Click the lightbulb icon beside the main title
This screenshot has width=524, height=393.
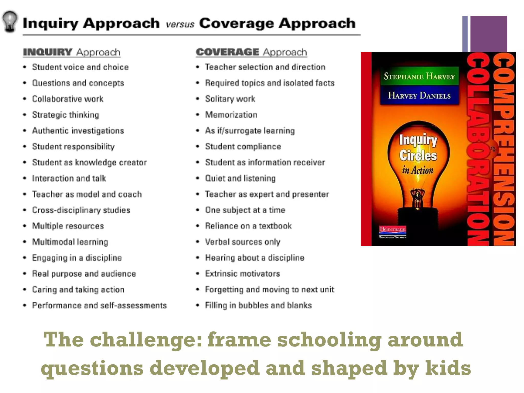[10, 21]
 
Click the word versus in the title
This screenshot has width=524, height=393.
[180, 25]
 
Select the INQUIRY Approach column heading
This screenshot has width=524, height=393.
[72, 52]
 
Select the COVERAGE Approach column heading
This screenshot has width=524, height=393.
[251, 52]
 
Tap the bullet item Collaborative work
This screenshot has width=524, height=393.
[68, 99]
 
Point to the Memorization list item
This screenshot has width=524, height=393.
[231, 115]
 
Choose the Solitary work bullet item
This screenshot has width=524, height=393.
[230, 99]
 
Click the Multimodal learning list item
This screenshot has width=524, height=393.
[70, 242]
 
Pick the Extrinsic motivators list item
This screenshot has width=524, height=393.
[242, 274]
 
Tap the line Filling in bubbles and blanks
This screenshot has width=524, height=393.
[258, 305]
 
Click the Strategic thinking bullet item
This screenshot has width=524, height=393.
[65, 115]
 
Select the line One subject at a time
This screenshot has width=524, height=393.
[245, 210]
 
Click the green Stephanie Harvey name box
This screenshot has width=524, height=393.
[419, 76]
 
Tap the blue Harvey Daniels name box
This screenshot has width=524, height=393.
[419, 95]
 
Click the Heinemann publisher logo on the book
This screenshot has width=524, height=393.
[392, 229]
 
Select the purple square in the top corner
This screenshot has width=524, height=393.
[488, 33]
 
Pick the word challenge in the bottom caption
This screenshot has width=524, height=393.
[146, 340]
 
